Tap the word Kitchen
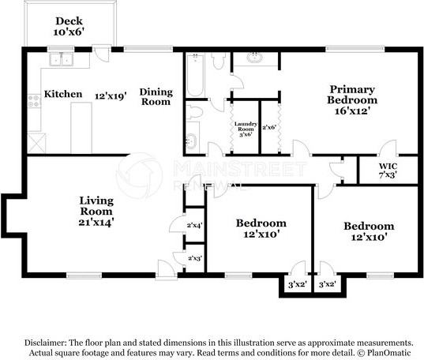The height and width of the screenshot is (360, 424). pyautogui.click(x=63, y=95)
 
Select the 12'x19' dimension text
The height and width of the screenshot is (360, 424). pyautogui.click(x=111, y=95)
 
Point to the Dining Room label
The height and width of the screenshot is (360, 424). pyautogui.click(x=156, y=96)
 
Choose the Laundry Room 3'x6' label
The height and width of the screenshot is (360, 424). pyautogui.click(x=245, y=129)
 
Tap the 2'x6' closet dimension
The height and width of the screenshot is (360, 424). pyautogui.click(x=269, y=127)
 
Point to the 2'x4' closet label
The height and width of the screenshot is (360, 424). pyautogui.click(x=193, y=226)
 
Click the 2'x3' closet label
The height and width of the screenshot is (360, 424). pyautogui.click(x=193, y=258)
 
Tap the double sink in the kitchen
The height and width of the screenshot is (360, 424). pyautogui.click(x=60, y=60)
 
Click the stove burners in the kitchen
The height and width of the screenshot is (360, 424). pyautogui.click(x=34, y=100)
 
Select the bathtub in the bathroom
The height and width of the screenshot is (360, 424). pyautogui.click(x=194, y=76)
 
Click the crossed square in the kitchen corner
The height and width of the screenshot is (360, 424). pyautogui.click(x=36, y=143)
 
